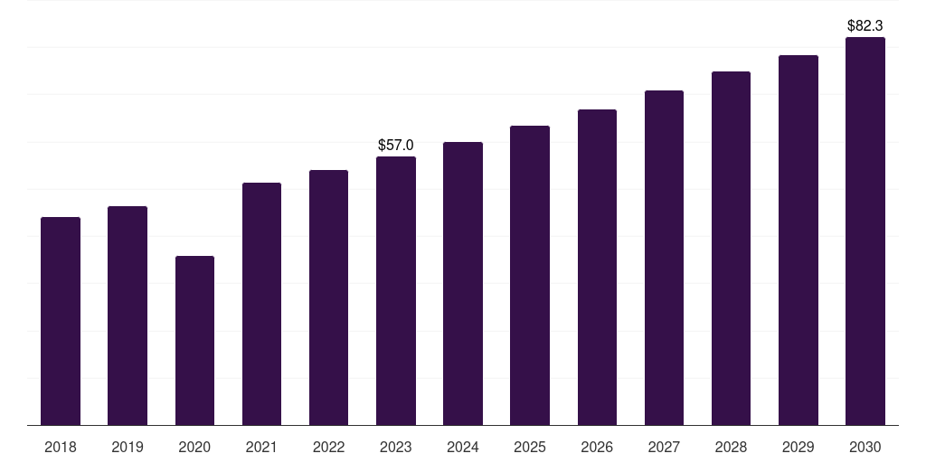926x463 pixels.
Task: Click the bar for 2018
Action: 61,321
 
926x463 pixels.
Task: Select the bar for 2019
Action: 128,316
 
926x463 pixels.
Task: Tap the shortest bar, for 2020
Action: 195,341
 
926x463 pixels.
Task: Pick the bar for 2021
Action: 261,304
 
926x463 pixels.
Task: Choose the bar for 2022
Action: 328,298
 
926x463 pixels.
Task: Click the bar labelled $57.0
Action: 396,291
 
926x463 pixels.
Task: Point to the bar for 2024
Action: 463,283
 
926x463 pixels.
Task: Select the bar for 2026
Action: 597,268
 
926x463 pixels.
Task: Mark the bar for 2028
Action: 731,249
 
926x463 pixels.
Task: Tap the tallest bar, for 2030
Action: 865,231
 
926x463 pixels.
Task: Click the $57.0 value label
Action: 396,145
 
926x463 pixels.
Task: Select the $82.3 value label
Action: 865,25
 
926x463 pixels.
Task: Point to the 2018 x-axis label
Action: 61,447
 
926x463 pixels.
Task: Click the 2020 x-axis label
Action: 195,447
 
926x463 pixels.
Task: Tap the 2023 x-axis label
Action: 396,447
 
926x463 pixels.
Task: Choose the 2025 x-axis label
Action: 530,447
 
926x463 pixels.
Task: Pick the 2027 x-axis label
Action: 664,447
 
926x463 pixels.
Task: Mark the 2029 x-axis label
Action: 798,447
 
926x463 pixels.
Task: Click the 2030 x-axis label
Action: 865,447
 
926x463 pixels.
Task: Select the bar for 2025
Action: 530,276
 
